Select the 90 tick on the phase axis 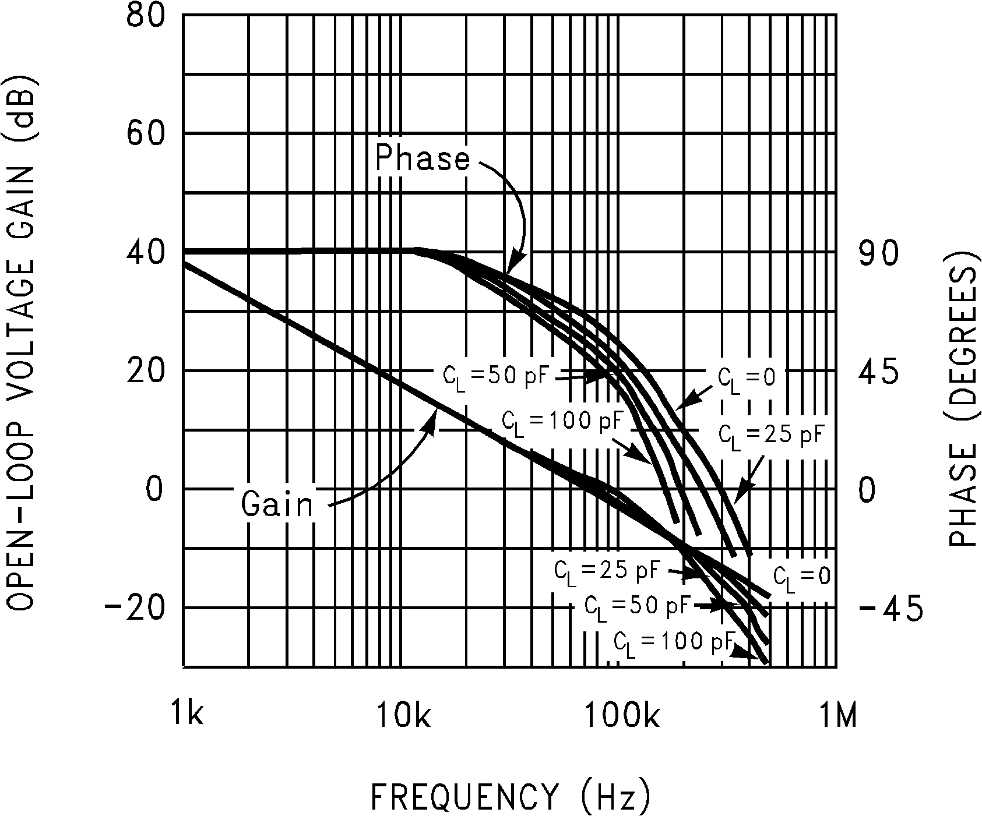click(879, 254)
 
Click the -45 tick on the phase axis click(890, 608)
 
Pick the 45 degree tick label click(879, 373)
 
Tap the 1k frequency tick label click(187, 713)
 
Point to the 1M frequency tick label click(838, 713)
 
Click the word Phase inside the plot click(422, 158)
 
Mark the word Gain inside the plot click(277, 504)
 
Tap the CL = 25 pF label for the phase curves click(770, 434)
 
